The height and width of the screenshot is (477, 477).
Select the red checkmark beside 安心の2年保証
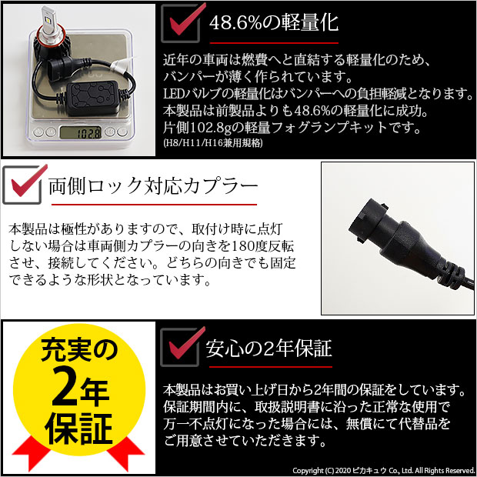click(178, 348)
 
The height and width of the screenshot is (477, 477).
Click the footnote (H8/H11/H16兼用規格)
click(212, 142)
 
